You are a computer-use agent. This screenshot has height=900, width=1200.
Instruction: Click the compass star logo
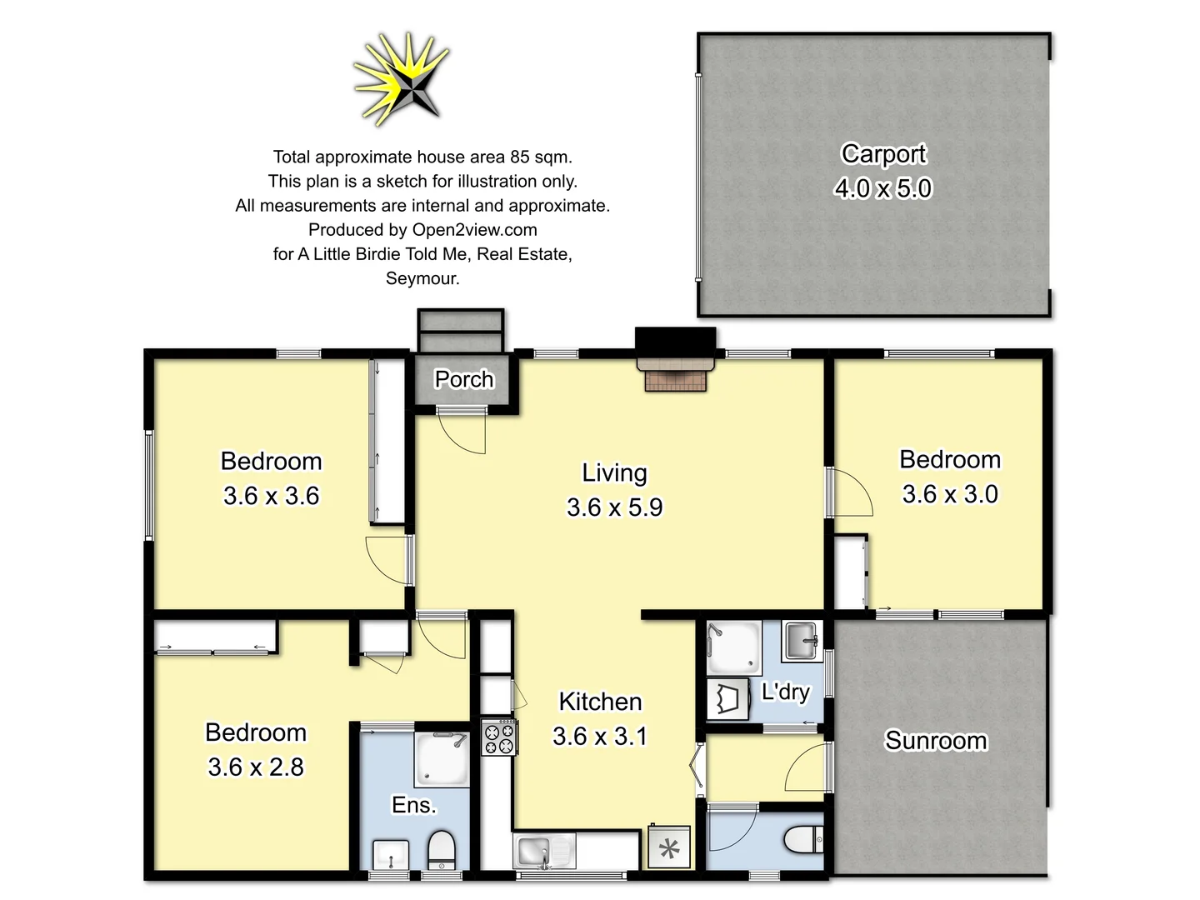click(x=404, y=80)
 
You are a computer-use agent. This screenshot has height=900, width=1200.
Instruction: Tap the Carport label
click(x=883, y=154)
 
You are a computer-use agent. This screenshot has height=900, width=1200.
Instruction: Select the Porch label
click(x=464, y=379)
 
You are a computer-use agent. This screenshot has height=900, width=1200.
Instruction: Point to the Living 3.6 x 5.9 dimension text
click(x=614, y=507)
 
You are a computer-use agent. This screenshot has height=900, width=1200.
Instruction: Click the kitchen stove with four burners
click(x=499, y=737)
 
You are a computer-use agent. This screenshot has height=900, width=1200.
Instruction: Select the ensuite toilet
click(x=442, y=851)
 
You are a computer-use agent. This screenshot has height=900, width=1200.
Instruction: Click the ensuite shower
click(x=442, y=759)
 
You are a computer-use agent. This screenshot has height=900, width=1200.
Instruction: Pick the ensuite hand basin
click(x=389, y=853)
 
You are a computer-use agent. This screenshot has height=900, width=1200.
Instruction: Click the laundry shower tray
click(x=733, y=647)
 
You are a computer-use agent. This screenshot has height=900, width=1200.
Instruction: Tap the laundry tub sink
click(x=802, y=641)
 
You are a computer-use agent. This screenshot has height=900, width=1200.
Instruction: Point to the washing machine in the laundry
click(x=727, y=698)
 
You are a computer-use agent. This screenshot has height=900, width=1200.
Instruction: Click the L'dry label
click(x=785, y=692)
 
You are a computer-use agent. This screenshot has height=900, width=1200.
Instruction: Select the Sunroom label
click(x=936, y=741)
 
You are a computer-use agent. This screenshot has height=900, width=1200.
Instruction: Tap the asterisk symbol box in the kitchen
click(x=669, y=848)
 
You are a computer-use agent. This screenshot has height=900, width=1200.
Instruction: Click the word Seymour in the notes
click(x=422, y=278)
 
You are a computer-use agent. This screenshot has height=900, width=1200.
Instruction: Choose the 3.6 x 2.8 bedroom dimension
click(x=256, y=767)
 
